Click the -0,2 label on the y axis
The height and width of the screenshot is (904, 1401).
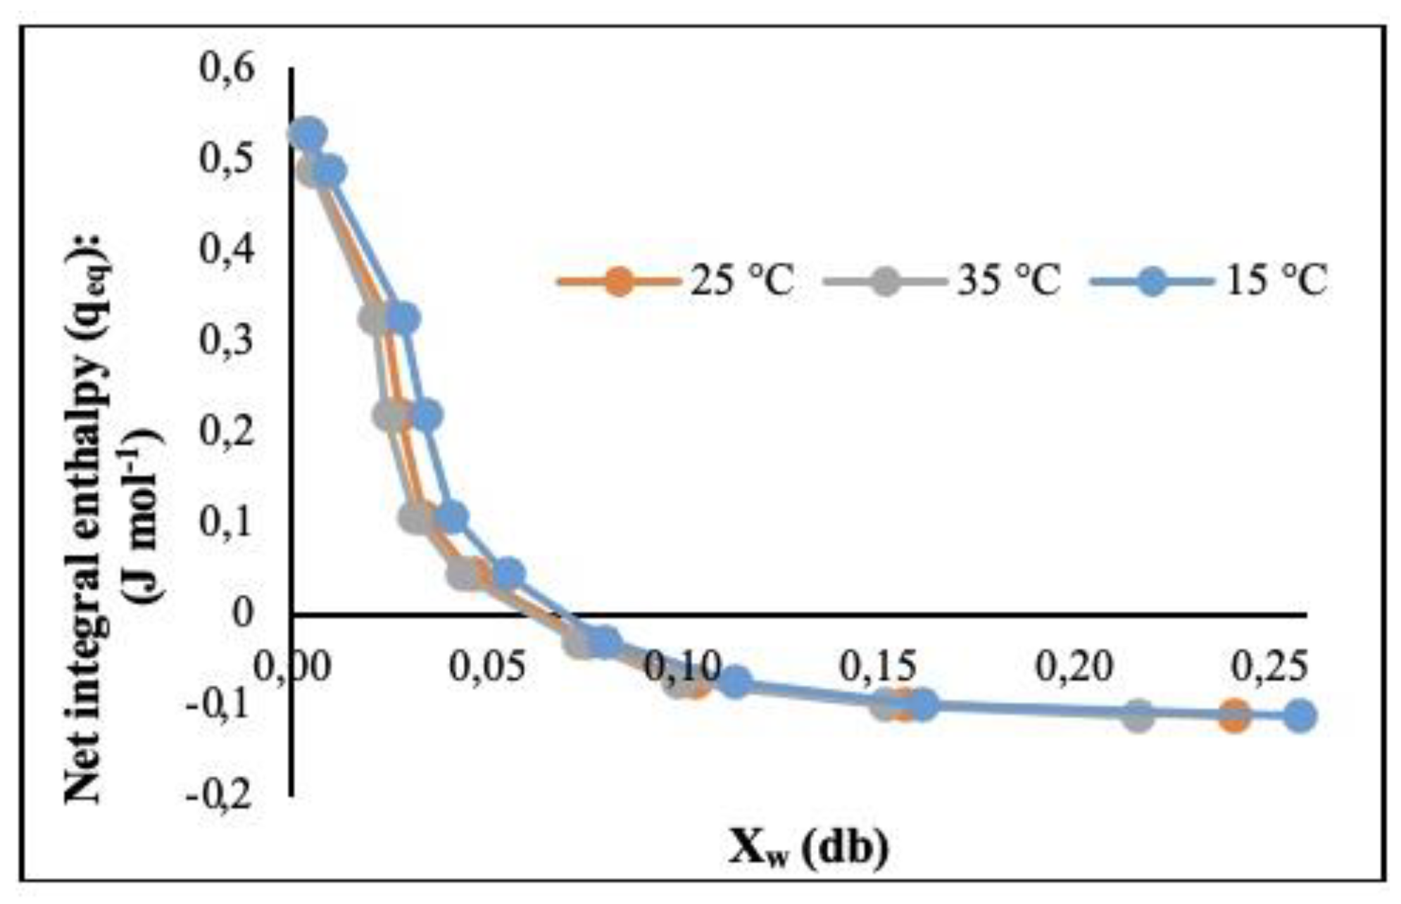click(x=218, y=796)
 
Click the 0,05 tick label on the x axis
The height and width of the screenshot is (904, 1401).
click(x=487, y=665)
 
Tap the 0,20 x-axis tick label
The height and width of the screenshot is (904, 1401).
click(x=1074, y=665)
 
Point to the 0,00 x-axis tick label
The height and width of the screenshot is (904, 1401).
click(x=291, y=665)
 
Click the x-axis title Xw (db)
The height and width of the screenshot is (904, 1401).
click(x=808, y=848)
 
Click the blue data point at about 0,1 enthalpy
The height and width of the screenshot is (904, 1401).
click(x=451, y=517)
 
